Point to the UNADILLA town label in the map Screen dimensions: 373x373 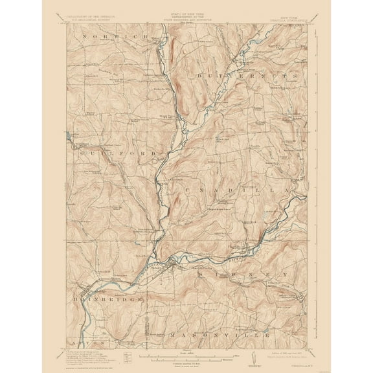(x=233, y=190)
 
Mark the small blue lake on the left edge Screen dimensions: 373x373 (x=69, y=136)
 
